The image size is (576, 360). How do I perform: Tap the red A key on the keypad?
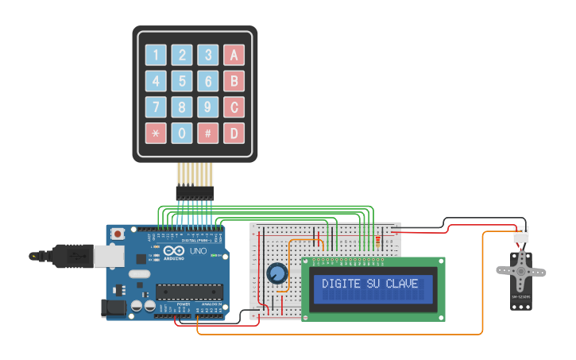(x=234, y=56)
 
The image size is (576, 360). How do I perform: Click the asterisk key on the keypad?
(x=156, y=133)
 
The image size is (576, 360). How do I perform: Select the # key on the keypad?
(x=208, y=133)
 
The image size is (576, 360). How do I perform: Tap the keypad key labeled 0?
(x=182, y=133)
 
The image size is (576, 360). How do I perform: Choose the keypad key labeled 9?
(x=208, y=107)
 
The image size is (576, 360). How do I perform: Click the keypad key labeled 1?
(x=156, y=56)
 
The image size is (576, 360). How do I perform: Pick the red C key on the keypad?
(x=234, y=107)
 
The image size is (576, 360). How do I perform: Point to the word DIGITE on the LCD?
(x=340, y=284)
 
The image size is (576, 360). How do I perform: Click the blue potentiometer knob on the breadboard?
(x=276, y=274)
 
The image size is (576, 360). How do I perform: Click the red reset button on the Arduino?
(x=118, y=234)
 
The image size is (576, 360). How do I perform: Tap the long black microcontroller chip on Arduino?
(x=191, y=293)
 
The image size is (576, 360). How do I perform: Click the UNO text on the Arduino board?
(x=197, y=252)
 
